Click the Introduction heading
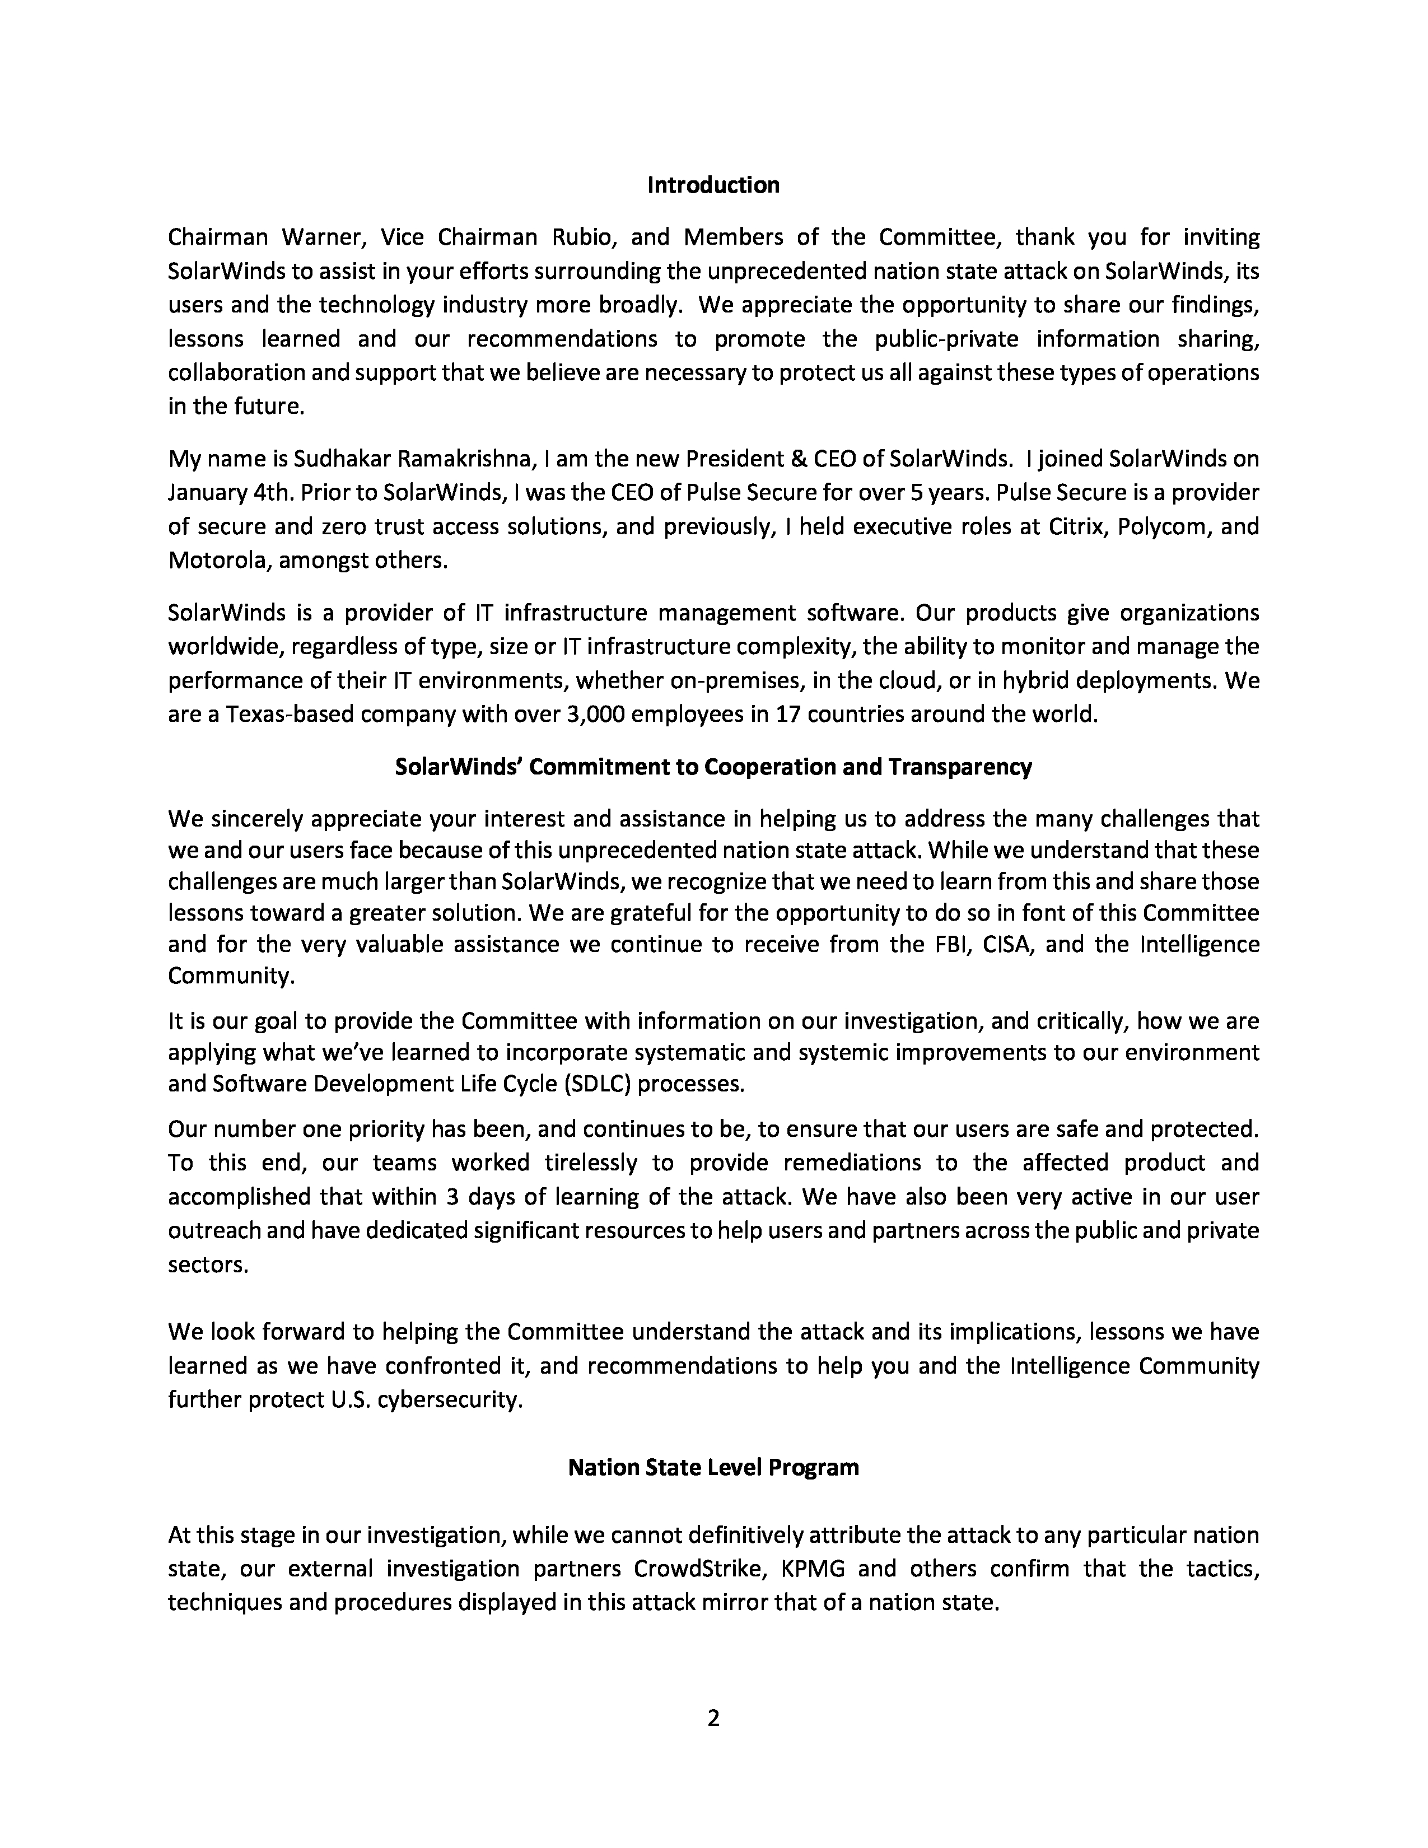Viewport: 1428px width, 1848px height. pyautogui.click(x=713, y=185)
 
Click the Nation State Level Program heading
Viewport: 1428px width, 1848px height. pyautogui.click(x=713, y=1467)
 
